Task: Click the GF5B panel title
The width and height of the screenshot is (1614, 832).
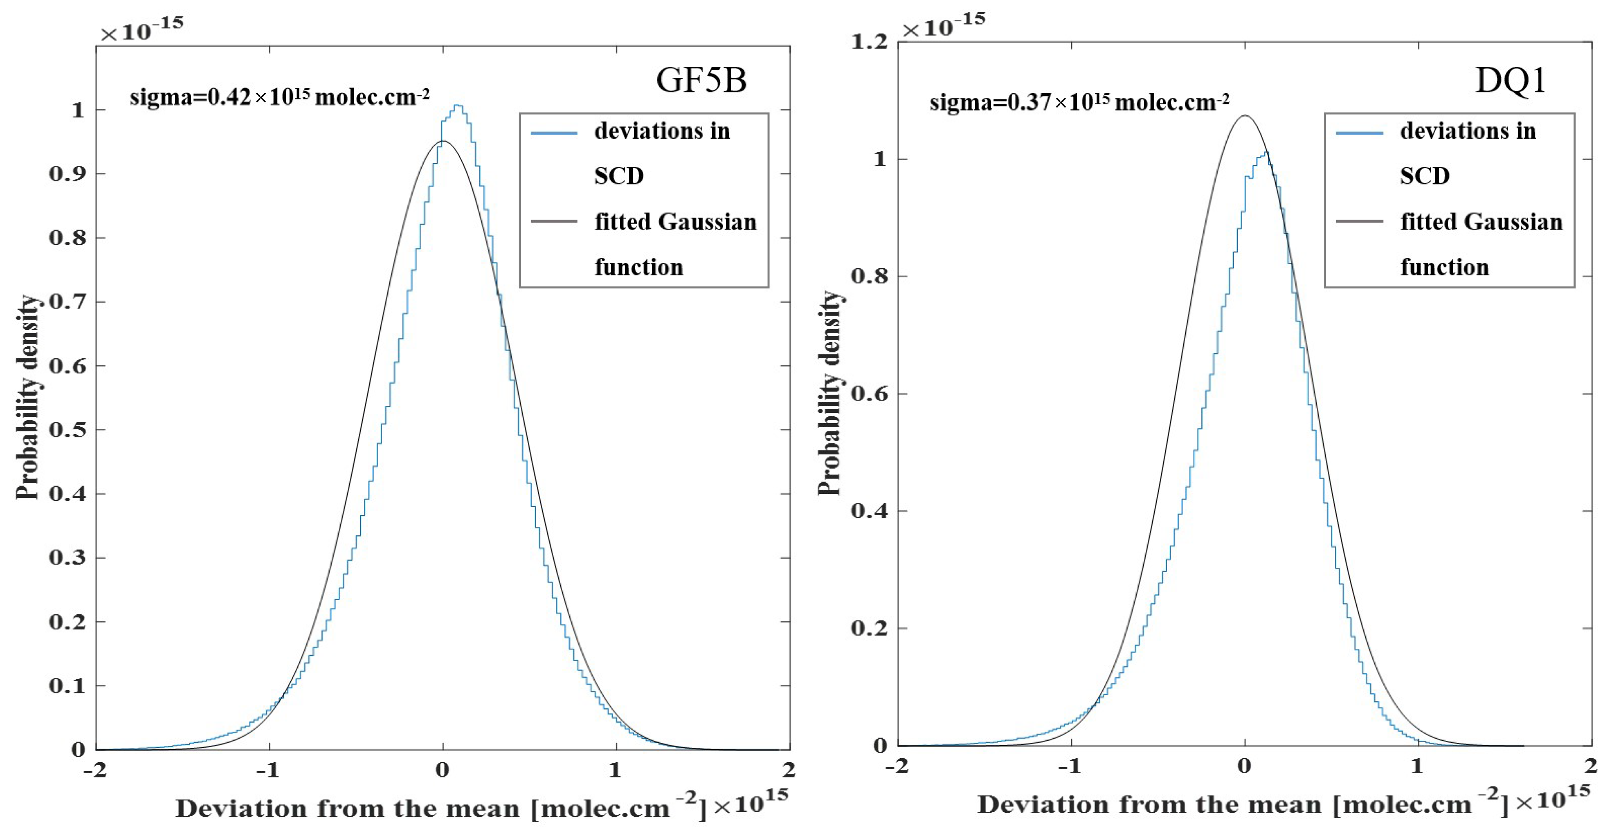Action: click(701, 80)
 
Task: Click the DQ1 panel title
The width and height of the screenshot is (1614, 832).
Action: click(1511, 80)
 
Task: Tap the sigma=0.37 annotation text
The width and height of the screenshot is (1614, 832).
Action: click(1079, 102)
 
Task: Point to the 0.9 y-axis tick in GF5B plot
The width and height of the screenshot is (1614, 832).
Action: click(68, 174)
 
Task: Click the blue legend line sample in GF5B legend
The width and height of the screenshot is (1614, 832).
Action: click(554, 133)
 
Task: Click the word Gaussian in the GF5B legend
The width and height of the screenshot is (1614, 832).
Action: click(708, 222)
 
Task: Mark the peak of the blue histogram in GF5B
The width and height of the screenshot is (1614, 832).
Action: click(458, 106)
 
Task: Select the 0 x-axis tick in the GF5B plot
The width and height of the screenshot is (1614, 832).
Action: click(442, 769)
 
